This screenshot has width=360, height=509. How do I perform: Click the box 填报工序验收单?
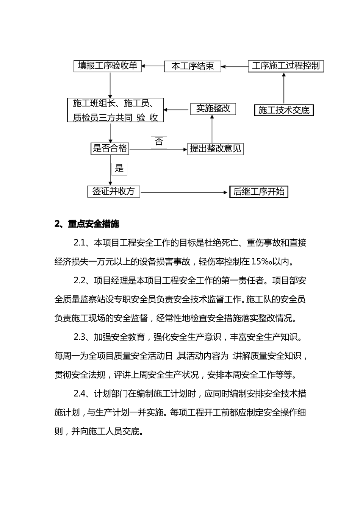(107, 66)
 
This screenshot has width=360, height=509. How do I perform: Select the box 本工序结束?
(193, 66)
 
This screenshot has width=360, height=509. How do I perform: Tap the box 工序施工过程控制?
(286, 66)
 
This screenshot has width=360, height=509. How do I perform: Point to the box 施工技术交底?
(284, 110)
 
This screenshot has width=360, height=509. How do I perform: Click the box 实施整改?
(213, 109)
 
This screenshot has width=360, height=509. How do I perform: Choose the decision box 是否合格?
(110, 148)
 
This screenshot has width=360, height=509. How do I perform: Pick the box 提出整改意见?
(215, 148)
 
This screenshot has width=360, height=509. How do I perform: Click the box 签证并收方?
(113, 191)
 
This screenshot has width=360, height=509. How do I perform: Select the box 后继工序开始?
(259, 192)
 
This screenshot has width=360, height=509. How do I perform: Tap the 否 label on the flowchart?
(159, 142)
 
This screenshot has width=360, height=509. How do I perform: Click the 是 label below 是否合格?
(119, 169)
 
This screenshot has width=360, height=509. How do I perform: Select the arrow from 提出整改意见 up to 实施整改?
(212, 129)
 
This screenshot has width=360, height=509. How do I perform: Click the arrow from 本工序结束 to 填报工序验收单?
(153, 66)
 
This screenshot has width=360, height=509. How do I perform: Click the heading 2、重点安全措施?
(87, 224)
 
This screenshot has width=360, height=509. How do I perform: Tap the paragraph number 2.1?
(80, 243)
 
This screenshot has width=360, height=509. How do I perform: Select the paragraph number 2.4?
(81, 394)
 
